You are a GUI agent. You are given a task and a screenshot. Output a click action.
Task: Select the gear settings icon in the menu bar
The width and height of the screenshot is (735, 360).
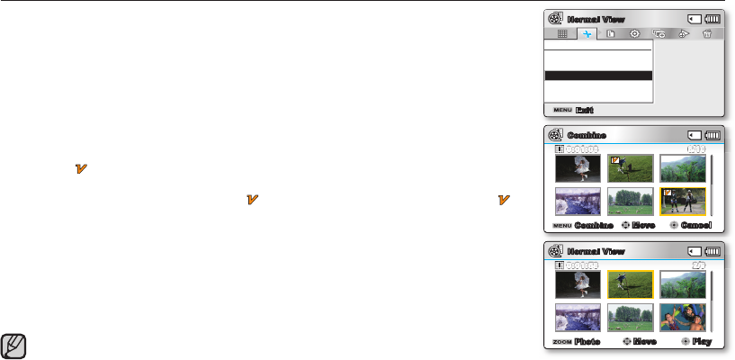pyautogui.click(x=635, y=33)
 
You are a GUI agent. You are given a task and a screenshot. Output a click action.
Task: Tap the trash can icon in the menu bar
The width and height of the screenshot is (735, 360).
pyautogui.click(x=707, y=33)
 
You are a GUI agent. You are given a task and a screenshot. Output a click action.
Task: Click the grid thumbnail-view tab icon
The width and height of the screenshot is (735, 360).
pyautogui.click(x=562, y=33)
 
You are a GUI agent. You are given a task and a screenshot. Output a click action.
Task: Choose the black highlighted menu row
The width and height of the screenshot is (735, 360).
pyautogui.click(x=598, y=76)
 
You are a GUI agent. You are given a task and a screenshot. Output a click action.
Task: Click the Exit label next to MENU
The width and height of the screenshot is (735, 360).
pyautogui.click(x=585, y=110)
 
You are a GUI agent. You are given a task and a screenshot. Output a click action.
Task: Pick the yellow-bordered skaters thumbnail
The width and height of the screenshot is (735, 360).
pyautogui.click(x=684, y=201)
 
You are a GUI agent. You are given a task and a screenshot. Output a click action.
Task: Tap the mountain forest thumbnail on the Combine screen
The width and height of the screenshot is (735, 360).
pyautogui.click(x=684, y=169)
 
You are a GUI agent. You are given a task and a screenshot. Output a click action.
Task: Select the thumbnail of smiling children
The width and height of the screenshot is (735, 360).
pyautogui.click(x=684, y=318)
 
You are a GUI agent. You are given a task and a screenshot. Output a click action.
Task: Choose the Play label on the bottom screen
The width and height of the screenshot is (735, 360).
pyautogui.click(x=702, y=342)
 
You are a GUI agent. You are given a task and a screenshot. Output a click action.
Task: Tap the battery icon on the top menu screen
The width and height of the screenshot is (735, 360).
pyautogui.click(x=712, y=18)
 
